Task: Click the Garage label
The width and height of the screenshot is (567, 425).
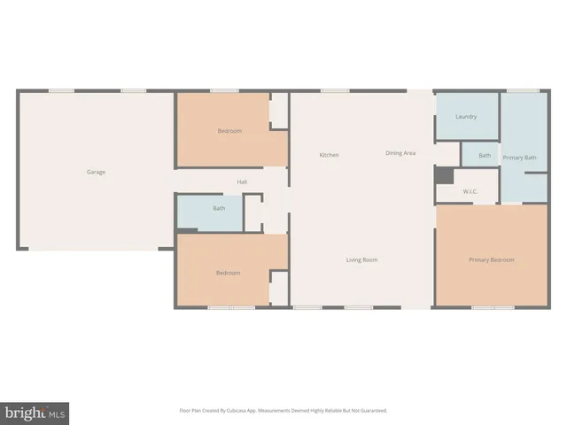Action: pos(96,172)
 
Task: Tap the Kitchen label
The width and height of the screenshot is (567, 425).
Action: pos(329,155)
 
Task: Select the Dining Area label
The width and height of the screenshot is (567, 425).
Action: pos(400,153)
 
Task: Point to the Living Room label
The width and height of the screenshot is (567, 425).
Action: pos(361,259)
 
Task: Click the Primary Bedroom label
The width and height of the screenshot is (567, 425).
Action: pos(492,259)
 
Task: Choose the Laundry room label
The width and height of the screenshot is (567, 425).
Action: pos(466,117)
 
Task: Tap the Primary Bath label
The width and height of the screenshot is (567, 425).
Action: pos(519,157)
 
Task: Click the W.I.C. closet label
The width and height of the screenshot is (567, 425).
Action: pos(470,191)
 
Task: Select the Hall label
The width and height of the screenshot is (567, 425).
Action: pos(242,182)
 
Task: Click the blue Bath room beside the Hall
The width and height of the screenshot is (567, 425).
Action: pos(218,209)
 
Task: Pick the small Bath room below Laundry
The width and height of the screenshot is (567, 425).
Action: pos(484,156)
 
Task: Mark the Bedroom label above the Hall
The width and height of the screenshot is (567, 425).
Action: pos(229,131)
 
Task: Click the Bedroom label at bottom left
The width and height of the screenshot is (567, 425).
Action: pos(228,273)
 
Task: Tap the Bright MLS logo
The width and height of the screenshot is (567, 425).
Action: pos(35,413)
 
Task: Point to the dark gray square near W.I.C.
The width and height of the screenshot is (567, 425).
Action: pos(444,175)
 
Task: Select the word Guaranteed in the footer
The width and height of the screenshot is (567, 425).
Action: pos(371,411)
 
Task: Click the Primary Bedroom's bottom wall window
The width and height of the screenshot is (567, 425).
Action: pos(493,307)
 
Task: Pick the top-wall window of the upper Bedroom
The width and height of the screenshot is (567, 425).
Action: pos(223,89)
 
